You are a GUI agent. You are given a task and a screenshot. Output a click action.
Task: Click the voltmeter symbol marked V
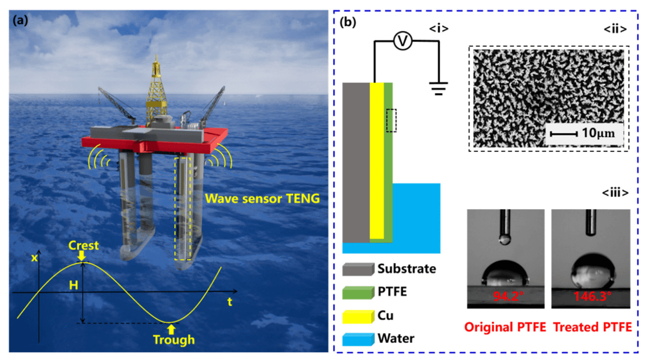403,41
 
